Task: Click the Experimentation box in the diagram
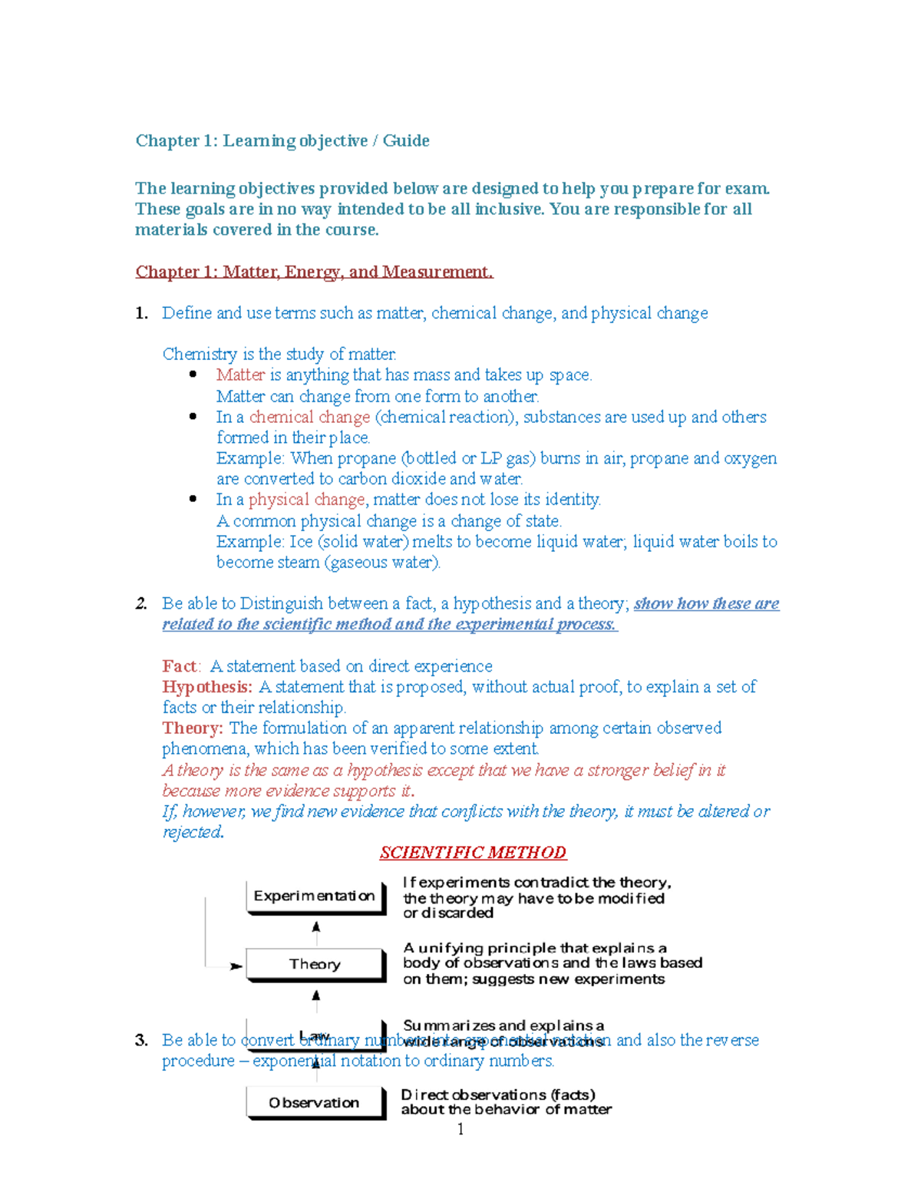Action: (x=315, y=896)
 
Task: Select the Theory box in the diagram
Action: (x=315, y=964)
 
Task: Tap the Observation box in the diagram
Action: (x=314, y=1102)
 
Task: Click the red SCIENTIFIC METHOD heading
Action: (x=473, y=853)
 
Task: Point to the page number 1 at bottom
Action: (x=460, y=1128)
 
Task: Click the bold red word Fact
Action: (x=180, y=666)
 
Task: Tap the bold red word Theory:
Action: (x=193, y=728)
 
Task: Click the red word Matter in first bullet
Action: (x=240, y=375)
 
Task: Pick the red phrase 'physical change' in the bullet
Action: (x=306, y=500)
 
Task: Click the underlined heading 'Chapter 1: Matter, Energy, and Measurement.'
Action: (x=314, y=272)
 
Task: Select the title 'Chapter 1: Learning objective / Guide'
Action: (x=282, y=140)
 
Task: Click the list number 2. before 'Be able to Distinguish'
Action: (x=141, y=604)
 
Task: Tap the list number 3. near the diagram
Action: (x=141, y=1041)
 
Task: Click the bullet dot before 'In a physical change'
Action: (x=193, y=499)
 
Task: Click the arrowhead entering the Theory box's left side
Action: (x=236, y=966)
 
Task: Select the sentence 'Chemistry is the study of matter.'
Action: (x=279, y=354)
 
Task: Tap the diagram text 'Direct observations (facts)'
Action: (x=498, y=1095)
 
